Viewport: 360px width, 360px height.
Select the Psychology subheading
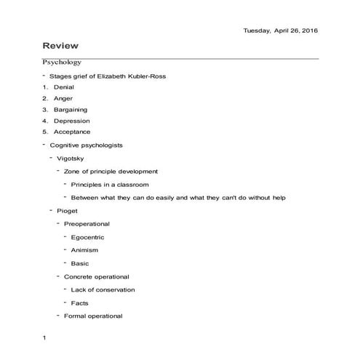point(62,63)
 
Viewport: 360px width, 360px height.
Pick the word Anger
point(63,98)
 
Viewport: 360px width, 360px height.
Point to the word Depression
point(71,121)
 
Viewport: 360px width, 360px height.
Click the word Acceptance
point(72,132)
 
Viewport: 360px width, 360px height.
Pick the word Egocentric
point(89,236)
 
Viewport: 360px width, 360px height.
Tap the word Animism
point(84,249)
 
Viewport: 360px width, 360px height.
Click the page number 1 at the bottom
point(44,338)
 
